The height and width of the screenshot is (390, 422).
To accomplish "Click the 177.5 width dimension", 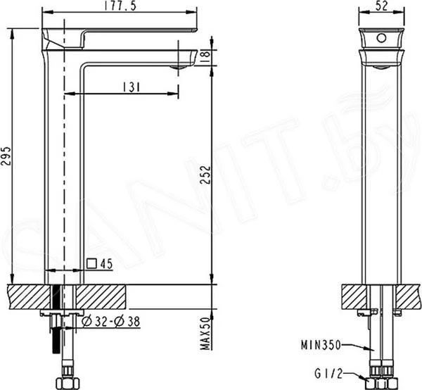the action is (x=120, y=6).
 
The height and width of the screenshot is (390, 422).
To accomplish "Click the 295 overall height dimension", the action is (x=6, y=156).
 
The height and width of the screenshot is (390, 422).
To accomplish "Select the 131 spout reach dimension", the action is (x=132, y=87).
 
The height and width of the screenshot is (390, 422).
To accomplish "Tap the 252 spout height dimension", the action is (x=206, y=175).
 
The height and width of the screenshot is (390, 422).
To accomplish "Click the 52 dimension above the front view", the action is (x=381, y=6).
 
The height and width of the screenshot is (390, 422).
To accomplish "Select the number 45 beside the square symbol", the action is (x=106, y=264).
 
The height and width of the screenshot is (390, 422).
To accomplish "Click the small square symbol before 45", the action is (x=91, y=263).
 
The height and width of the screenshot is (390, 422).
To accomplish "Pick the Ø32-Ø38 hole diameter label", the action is (x=111, y=321).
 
